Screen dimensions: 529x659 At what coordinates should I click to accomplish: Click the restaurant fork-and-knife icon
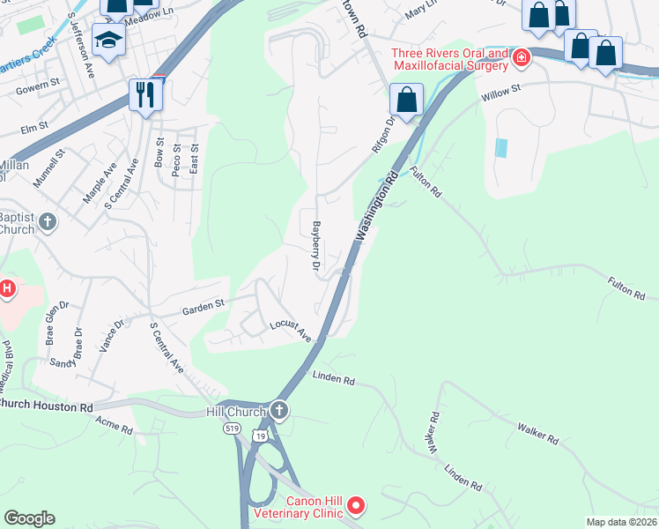pos(145,93)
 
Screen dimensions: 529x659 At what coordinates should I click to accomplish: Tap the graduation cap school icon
pos(109,41)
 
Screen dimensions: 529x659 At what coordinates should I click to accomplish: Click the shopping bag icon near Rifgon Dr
pos(406,99)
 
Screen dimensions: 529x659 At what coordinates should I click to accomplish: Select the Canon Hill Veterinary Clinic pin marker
pos(356,505)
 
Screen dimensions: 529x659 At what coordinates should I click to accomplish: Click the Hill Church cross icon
pos(279,410)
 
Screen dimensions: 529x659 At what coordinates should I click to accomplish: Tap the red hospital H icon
pos(6,288)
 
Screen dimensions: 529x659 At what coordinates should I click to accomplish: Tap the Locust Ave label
pos(291,331)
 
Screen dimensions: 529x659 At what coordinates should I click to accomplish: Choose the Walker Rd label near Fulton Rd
pos(539,432)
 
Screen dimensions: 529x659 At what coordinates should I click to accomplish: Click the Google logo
pos(29,518)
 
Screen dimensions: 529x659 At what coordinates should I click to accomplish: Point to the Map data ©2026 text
pos(621,522)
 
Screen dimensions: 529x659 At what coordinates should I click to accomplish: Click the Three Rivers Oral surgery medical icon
pos(522,58)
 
